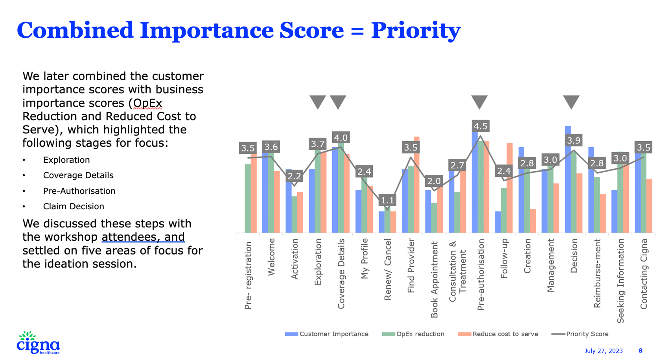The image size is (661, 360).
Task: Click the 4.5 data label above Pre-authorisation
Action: click(481, 126)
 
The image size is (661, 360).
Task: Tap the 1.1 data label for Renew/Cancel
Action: click(387, 200)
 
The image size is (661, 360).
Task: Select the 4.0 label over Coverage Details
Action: click(341, 137)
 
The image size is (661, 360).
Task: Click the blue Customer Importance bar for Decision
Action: click(568, 179)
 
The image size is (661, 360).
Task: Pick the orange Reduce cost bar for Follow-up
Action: click(510, 188)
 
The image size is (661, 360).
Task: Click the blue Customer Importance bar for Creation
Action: click(521, 190)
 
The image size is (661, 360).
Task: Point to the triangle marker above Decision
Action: click(571, 102)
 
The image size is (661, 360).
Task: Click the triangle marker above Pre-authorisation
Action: click(479, 102)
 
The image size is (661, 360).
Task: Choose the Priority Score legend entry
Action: click(580, 334)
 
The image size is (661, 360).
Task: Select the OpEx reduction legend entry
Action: click(413, 334)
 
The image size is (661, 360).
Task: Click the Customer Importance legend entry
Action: click(327, 334)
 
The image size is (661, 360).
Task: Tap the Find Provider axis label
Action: click(411, 266)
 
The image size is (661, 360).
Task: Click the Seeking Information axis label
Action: click(620, 281)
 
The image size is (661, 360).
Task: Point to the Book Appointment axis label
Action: click(434, 279)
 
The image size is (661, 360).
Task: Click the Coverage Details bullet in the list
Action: click(78, 175)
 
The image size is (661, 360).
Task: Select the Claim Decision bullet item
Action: click(74, 207)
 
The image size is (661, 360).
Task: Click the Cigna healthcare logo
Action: click(38, 343)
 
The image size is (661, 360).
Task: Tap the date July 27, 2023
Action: click(604, 351)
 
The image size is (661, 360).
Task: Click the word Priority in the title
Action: click(416, 31)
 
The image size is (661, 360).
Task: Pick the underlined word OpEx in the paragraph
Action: click(147, 103)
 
